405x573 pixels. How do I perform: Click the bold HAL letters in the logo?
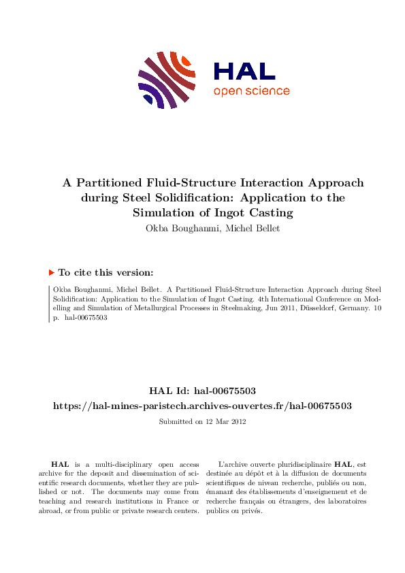[x=244, y=71]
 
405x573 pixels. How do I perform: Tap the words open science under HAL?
[x=251, y=91]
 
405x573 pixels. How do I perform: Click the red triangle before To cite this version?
[x=51, y=272]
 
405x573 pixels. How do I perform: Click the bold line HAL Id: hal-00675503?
[x=202, y=391]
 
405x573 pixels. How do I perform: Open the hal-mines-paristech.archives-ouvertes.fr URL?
[x=202, y=406]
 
